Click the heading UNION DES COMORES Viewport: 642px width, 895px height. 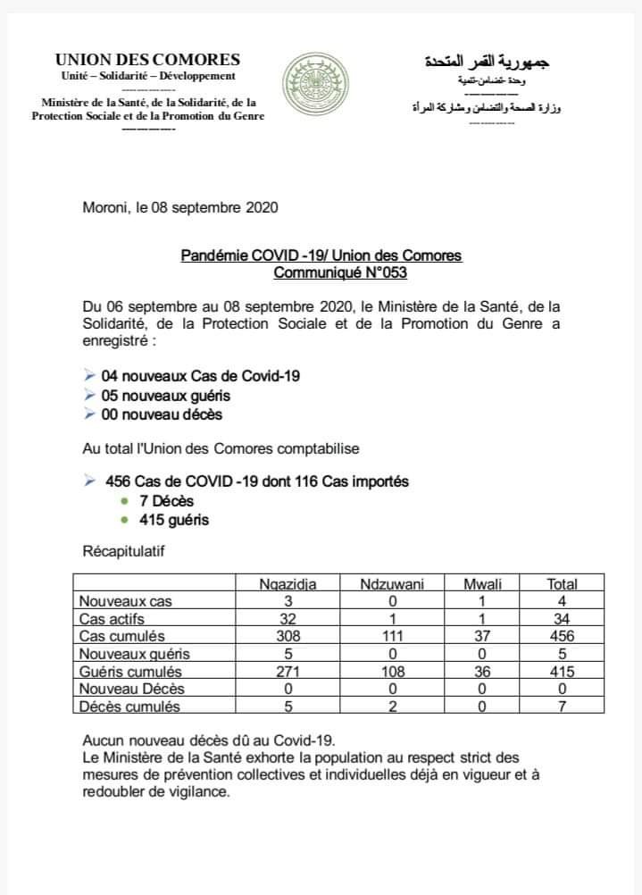pyautogui.click(x=147, y=60)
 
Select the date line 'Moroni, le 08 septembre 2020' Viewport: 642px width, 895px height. pyautogui.click(x=180, y=208)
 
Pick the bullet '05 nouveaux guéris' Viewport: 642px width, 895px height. pyautogui.click(x=166, y=395)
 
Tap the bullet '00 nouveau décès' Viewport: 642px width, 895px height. pyautogui.click(x=162, y=414)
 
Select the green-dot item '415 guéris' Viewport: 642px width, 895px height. pyautogui.click(x=173, y=519)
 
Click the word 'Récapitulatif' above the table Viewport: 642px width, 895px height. pyautogui.click(x=123, y=551)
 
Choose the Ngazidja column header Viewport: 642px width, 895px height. pyautogui.click(x=287, y=584)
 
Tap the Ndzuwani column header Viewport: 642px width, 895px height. pyautogui.click(x=392, y=584)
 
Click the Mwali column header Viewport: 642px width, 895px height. pyautogui.click(x=482, y=584)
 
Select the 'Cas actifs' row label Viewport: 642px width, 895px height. pyautogui.click(x=113, y=619)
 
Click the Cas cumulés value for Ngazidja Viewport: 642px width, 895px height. pyautogui.click(x=287, y=636)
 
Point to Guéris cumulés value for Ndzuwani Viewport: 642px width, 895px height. pyautogui.click(x=392, y=672)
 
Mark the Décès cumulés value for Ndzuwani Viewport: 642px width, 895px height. pyautogui.click(x=392, y=707)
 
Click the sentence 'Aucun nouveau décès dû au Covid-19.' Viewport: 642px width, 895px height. pyautogui.click(x=208, y=740)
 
